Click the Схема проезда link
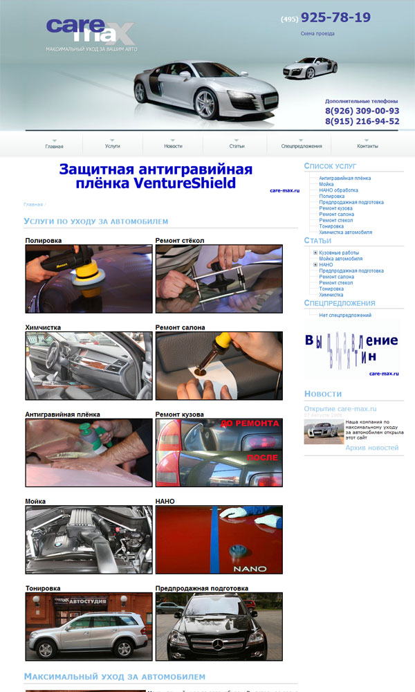317,33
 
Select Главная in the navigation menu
54,146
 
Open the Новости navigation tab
173,146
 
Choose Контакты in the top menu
367,146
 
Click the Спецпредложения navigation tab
302,146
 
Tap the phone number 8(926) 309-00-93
362,111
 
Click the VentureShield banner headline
156,176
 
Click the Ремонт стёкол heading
180,240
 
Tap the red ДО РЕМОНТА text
250,423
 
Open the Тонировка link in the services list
331,226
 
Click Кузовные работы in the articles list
339,253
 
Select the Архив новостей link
371,448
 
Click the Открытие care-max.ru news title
340,409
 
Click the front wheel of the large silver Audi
205,103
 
